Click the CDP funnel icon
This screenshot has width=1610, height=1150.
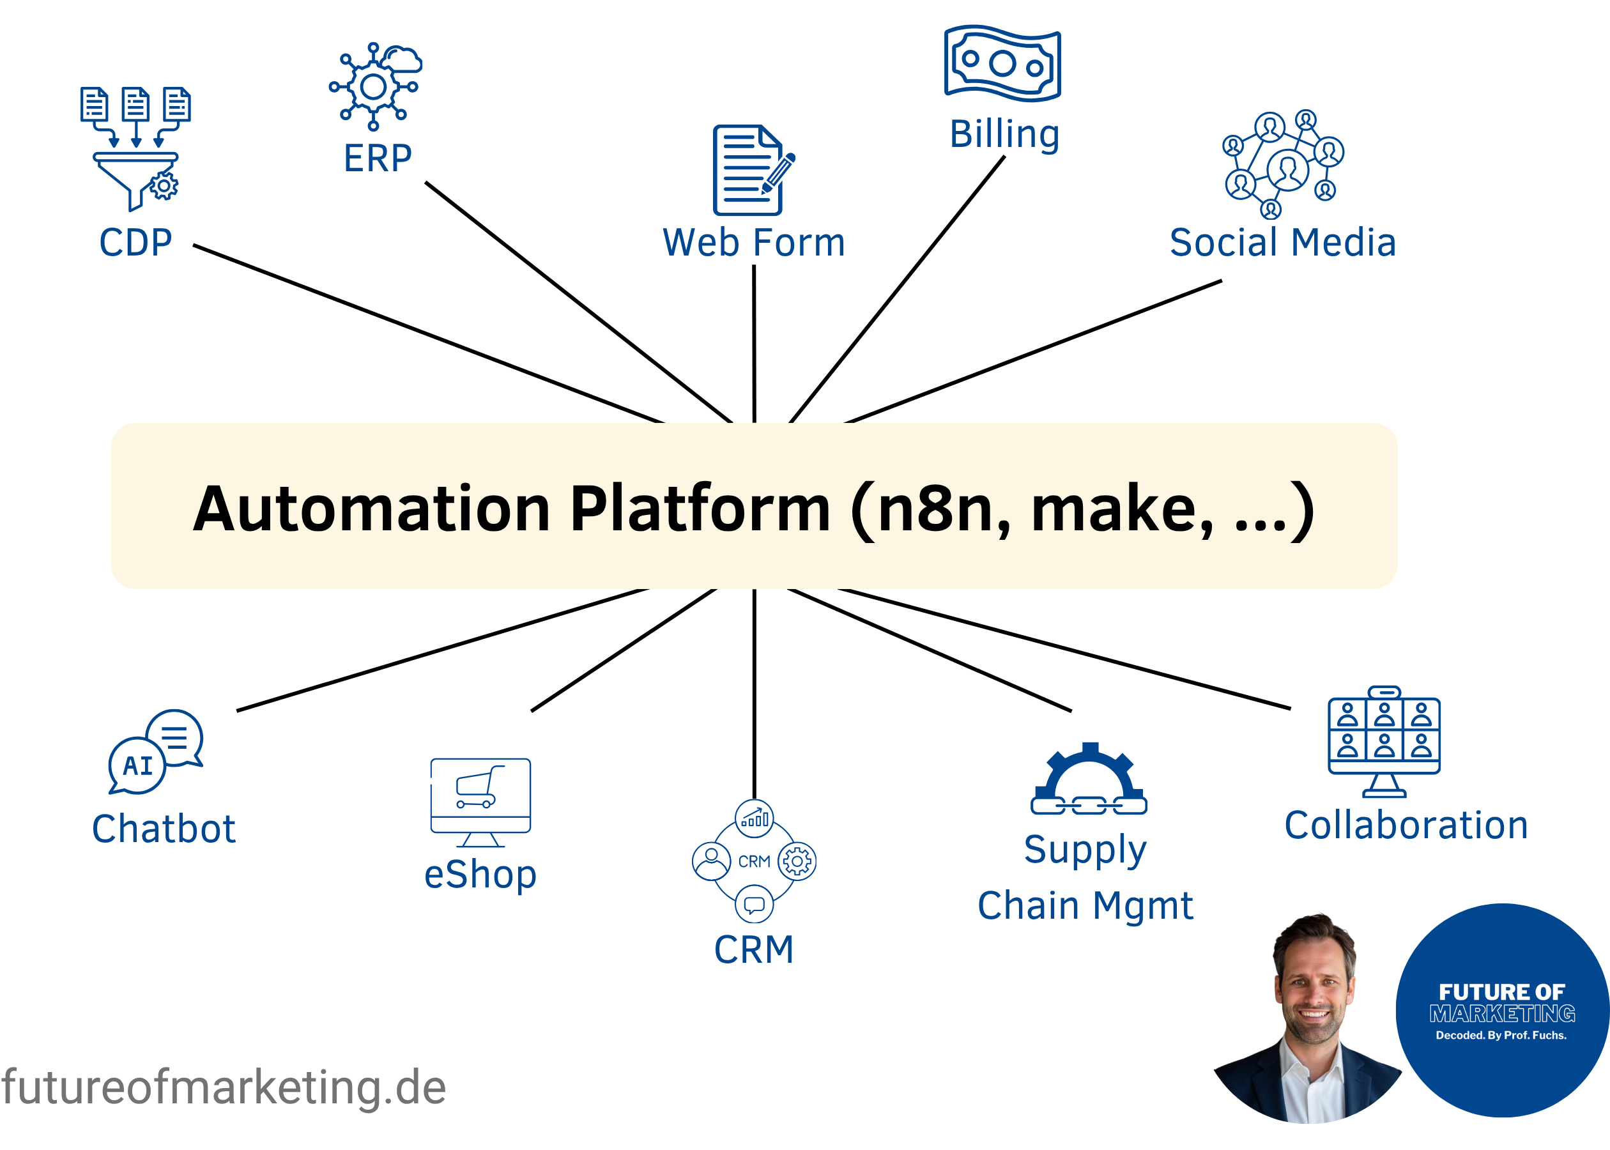pyautogui.click(x=135, y=149)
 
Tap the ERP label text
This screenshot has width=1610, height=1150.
pyautogui.click(x=378, y=158)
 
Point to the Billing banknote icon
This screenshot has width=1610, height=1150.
pyautogui.click(x=1002, y=64)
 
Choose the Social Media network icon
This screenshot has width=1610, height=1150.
pyautogui.click(x=1283, y=163)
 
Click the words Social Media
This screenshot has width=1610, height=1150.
pyautogui.click(x=1282, y=242)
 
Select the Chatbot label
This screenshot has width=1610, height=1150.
pyautogui.click(x=164, y=829)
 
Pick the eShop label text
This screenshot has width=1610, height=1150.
pyautogui.click(x=480, y=875)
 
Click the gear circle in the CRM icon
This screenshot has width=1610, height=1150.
pyautogui.click(x=797, y=861)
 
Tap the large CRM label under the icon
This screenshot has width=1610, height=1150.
pyautogui.click(x=753, y=949)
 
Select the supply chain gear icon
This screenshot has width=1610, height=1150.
pyautogui.click(x=1089, y=779)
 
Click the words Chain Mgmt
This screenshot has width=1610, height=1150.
pyautogui.click(x=1085, y=906)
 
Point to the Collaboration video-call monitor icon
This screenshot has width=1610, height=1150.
pyautogui.click(x=1384, y=740)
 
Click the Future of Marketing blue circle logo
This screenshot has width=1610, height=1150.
pyautogui.click(x=1503, y=1011)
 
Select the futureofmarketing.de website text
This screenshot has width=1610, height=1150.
pyautogui.click(x=224, y=1087)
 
